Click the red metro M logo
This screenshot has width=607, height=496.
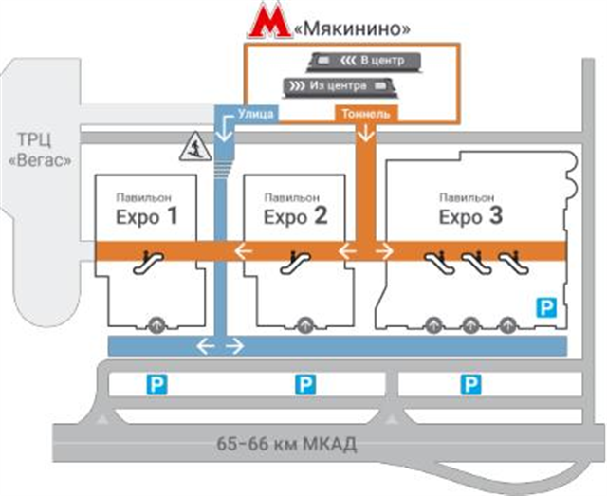pos(269,25)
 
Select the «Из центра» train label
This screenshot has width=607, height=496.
pos(332,86)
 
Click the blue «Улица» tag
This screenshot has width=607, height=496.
pos(256,115)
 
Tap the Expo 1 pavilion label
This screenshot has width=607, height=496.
pos(147,211)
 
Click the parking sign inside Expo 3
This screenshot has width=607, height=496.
pos(546,306)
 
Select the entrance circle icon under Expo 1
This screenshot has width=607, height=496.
pos(156,323)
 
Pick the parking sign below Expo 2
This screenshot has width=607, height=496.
pos(304,383)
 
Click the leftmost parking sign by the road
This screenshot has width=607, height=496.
pos(153,383)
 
